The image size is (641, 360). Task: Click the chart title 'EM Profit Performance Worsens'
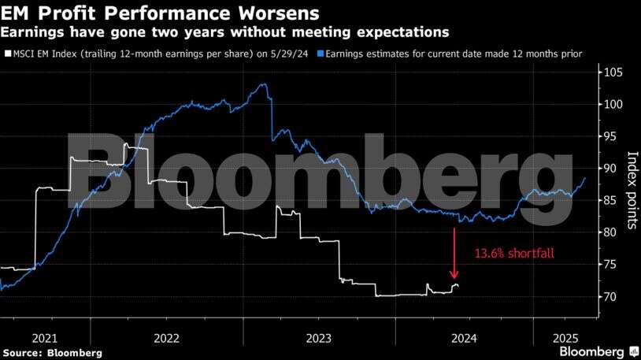tap(160, 13)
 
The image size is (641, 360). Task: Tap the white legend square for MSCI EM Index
tap(8, 54)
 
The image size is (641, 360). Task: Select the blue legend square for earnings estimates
tap(321, 54)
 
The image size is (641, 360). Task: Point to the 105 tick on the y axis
tap(613, 72)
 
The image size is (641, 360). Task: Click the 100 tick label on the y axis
tap(613, 104)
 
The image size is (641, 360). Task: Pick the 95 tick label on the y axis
tap(610, 136)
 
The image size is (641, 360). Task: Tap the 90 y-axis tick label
tap(610, 168)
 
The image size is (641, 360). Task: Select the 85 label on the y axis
tap(610, 200)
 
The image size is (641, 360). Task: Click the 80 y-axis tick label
tap(610, 232)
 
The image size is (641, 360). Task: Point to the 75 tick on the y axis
tap(610, 264)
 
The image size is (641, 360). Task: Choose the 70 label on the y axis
tap(610, 296)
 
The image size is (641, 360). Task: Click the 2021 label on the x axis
tap(45, 338)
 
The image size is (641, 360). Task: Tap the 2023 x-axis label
tap(318, 338)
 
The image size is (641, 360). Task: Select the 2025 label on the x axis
tap(565, 338)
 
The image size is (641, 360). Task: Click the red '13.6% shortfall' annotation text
tap(514, 253)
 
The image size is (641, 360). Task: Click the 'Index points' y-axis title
tap(632, 190)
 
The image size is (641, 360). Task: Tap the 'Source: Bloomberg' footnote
tap(52, 353)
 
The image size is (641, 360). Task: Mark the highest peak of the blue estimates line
tap(265, 84)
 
